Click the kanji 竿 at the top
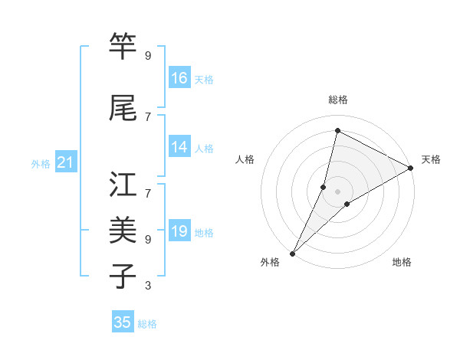(123, 47)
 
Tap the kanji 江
(123, 185)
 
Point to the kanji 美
(123, 230)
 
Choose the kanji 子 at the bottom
(123, 274)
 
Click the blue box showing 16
(179, 78)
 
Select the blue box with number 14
(179, 147)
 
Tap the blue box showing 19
(179, 231)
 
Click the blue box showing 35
(123, 322)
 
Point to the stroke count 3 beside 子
(148, 286)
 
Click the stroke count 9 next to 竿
(148, 56)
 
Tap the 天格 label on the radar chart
(431, 159)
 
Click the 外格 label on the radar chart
(270, 263)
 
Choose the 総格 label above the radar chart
(338, 100)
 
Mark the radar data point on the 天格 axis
(411, 169)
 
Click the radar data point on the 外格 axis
(292, 253)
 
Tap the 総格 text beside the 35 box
(147, 324)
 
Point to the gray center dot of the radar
(338, 191)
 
